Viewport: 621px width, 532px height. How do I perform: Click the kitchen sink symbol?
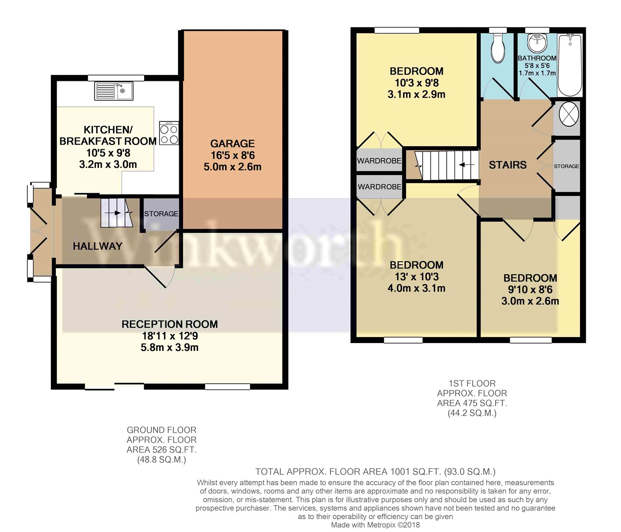click(114, 91)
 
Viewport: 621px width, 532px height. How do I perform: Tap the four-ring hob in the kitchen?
click(169, 133)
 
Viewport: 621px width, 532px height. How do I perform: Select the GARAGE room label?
click(232, 144)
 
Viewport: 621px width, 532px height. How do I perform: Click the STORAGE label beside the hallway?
click(161, 214)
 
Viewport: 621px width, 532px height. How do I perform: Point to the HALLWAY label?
click(98, 246)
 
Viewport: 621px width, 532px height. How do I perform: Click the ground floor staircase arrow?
click(116, 213)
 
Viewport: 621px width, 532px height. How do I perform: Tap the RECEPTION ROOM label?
click(169, 324)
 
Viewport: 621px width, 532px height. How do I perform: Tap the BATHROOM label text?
click(537, 58)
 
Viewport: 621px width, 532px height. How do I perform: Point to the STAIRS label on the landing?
click(508, 165)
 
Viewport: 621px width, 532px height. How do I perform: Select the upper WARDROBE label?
click(379, 161)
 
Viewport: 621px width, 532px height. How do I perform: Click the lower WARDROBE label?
click(379, 187)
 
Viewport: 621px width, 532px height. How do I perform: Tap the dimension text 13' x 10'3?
click(416, 277)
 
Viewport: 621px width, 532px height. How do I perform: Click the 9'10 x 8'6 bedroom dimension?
click(530, 290)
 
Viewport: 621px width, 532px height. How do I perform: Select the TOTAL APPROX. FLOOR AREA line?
click(375, 472)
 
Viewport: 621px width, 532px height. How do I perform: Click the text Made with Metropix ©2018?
click(375, 525)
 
